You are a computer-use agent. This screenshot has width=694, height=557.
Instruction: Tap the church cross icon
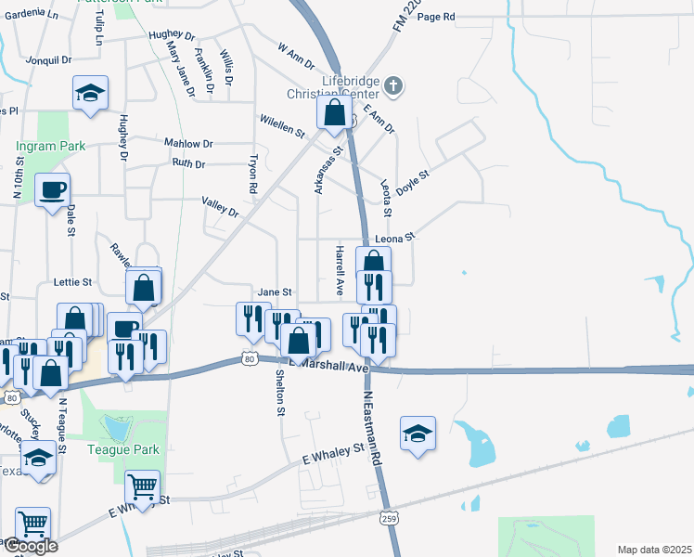tap(393, 87)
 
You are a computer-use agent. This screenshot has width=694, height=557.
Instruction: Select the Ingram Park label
tap(50, 146)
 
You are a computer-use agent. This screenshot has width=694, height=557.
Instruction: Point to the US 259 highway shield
tap(389, 518)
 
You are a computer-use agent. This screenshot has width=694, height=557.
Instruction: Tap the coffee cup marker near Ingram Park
tap(52, 190)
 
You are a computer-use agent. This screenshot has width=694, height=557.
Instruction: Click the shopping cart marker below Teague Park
tap(142, 485)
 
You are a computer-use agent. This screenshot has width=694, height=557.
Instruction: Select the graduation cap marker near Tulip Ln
tap(91, 93)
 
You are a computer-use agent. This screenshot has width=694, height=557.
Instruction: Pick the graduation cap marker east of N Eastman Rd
tap(418, 434)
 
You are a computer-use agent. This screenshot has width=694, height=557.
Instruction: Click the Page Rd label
tap(436, 17)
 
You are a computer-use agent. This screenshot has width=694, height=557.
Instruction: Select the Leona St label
tap(394, 238)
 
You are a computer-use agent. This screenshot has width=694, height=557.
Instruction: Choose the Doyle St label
tap(413, 180)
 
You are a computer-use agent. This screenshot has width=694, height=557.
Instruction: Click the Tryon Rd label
tap(251, 174)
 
